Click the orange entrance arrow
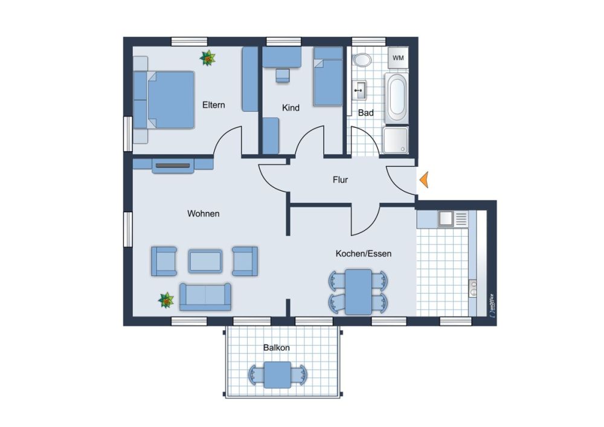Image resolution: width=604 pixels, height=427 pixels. click(x=424, y=180)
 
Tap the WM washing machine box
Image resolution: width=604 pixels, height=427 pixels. click(x=398, y=58)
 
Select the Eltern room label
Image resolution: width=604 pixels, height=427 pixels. click(x=213, y=104)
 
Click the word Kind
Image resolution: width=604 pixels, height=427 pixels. click(x=291, y=108)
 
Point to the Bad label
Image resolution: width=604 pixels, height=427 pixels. click(x=365, y=113)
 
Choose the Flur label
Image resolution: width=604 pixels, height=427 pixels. click(x=340, y=180)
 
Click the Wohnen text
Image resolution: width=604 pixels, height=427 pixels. click(x=204, y=214)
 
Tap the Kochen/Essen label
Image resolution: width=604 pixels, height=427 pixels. click(x=364, y=254)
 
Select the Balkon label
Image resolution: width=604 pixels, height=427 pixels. click(x=276, y=348)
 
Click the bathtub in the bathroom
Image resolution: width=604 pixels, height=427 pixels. click(x=396, y=98)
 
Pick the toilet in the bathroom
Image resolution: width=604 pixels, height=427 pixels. click(x=362, y=60)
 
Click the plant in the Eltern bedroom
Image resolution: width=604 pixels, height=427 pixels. click(x=208, y=58)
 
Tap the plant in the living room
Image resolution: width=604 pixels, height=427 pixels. click(x=166, y=300)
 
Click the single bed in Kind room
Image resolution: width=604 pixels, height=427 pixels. click(x=328, y=76)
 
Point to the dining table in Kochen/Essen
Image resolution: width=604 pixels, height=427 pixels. click(x=358, y=292)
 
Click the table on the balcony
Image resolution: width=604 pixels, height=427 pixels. click(x=277, y=374)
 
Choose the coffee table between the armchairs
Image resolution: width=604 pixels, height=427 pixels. click(x=205, y=262)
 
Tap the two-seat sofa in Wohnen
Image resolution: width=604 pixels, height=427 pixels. click(x=205, y=297)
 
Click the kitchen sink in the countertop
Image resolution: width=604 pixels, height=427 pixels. click(x=446, y=218)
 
